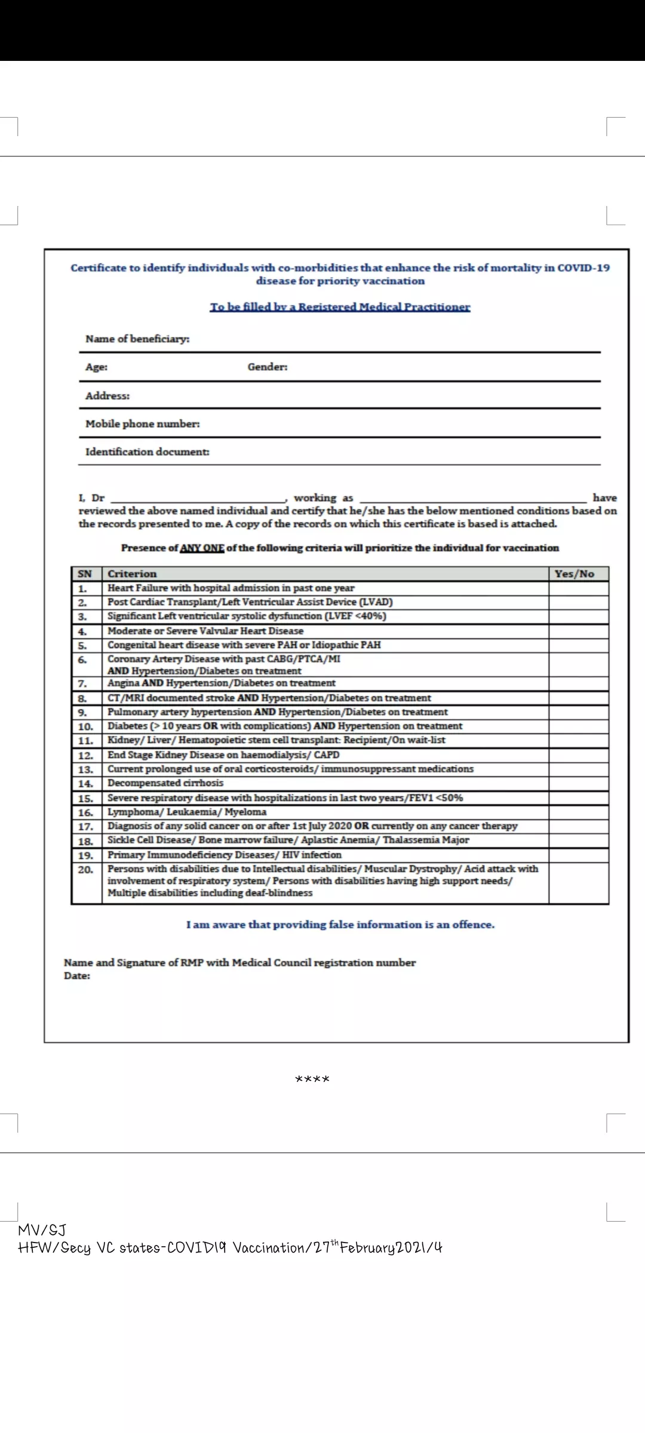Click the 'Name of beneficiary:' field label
pos(137,339)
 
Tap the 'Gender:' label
pos(268,367)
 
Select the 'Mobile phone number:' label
pos(143,424)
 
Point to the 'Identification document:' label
pos(148,452)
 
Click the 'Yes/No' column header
pos(574,574)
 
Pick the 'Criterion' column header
pos(132,574)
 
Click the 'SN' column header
pos(85,574)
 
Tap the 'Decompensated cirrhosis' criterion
pos(165,783)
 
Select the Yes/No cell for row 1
pos(578,588)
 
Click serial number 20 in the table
pos(85,870)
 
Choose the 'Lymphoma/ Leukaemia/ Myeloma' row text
pos(187,812)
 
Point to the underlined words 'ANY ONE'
pos(202,548)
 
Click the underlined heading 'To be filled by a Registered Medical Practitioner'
pos(340,307)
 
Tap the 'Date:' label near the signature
pos(77,976)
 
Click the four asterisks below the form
pos(312,1079)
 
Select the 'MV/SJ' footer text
pos(42,1230)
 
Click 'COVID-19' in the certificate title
pos(583,268)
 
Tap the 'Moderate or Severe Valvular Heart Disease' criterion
pos(205,631)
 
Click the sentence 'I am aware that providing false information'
pos(340,925)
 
